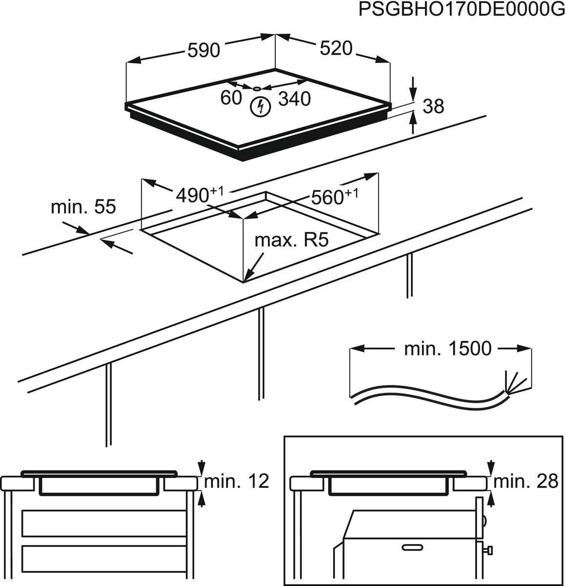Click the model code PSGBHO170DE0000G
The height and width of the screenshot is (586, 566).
461,10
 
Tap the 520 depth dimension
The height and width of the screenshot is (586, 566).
336,48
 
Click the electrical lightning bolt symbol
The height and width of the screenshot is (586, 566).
259,107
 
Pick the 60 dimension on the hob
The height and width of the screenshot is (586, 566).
231,98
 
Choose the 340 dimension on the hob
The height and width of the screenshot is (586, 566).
294,99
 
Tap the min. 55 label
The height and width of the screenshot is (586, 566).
84,207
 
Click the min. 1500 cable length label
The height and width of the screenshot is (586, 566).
447,349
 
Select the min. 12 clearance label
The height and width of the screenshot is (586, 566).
236,481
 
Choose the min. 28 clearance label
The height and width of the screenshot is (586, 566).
525,481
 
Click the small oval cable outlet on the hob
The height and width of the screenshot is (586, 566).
257,88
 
